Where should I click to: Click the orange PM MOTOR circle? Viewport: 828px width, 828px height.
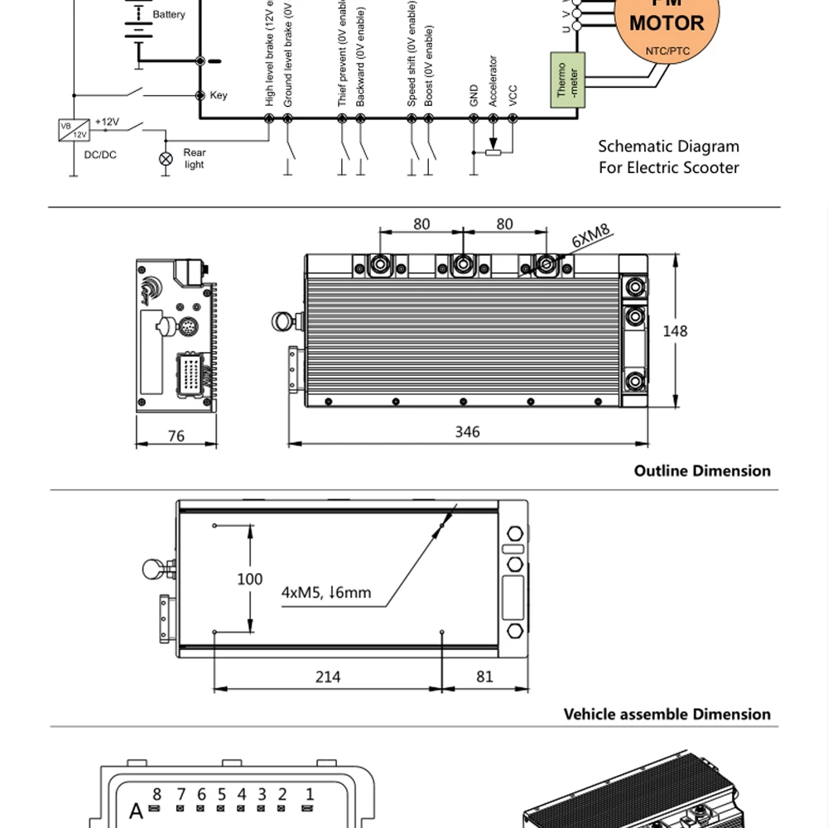tap(667, 25)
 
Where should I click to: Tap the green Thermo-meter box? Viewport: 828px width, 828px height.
tap(567, 80)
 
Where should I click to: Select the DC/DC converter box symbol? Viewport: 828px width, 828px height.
tap(74, 130)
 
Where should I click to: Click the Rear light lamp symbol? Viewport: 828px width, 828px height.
tap(166, 158)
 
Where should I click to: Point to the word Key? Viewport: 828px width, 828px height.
tap(219, 95)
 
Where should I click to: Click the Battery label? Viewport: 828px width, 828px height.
tap(169, 15)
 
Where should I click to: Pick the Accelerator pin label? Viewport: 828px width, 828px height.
tap(493, 80)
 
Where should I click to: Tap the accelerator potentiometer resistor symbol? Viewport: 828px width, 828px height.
tap(493, 152)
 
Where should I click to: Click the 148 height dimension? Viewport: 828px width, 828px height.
tap(675, 331)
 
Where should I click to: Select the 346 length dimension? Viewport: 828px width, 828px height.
tap(467, 431)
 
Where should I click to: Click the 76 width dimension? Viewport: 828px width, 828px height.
tap(176, 436)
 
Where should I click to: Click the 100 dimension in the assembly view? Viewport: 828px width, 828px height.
tap(249, 579)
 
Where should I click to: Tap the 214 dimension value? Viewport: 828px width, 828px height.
tap(328, 676)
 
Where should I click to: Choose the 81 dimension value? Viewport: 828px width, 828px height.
tap(484, 676)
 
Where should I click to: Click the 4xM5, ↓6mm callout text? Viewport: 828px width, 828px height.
tap(326, 592)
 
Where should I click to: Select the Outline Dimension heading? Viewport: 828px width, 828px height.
tap(702, 470)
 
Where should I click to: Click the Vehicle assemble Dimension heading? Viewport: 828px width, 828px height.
tap(667, 714)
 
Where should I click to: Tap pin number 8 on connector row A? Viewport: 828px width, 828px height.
tap(156, 795)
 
